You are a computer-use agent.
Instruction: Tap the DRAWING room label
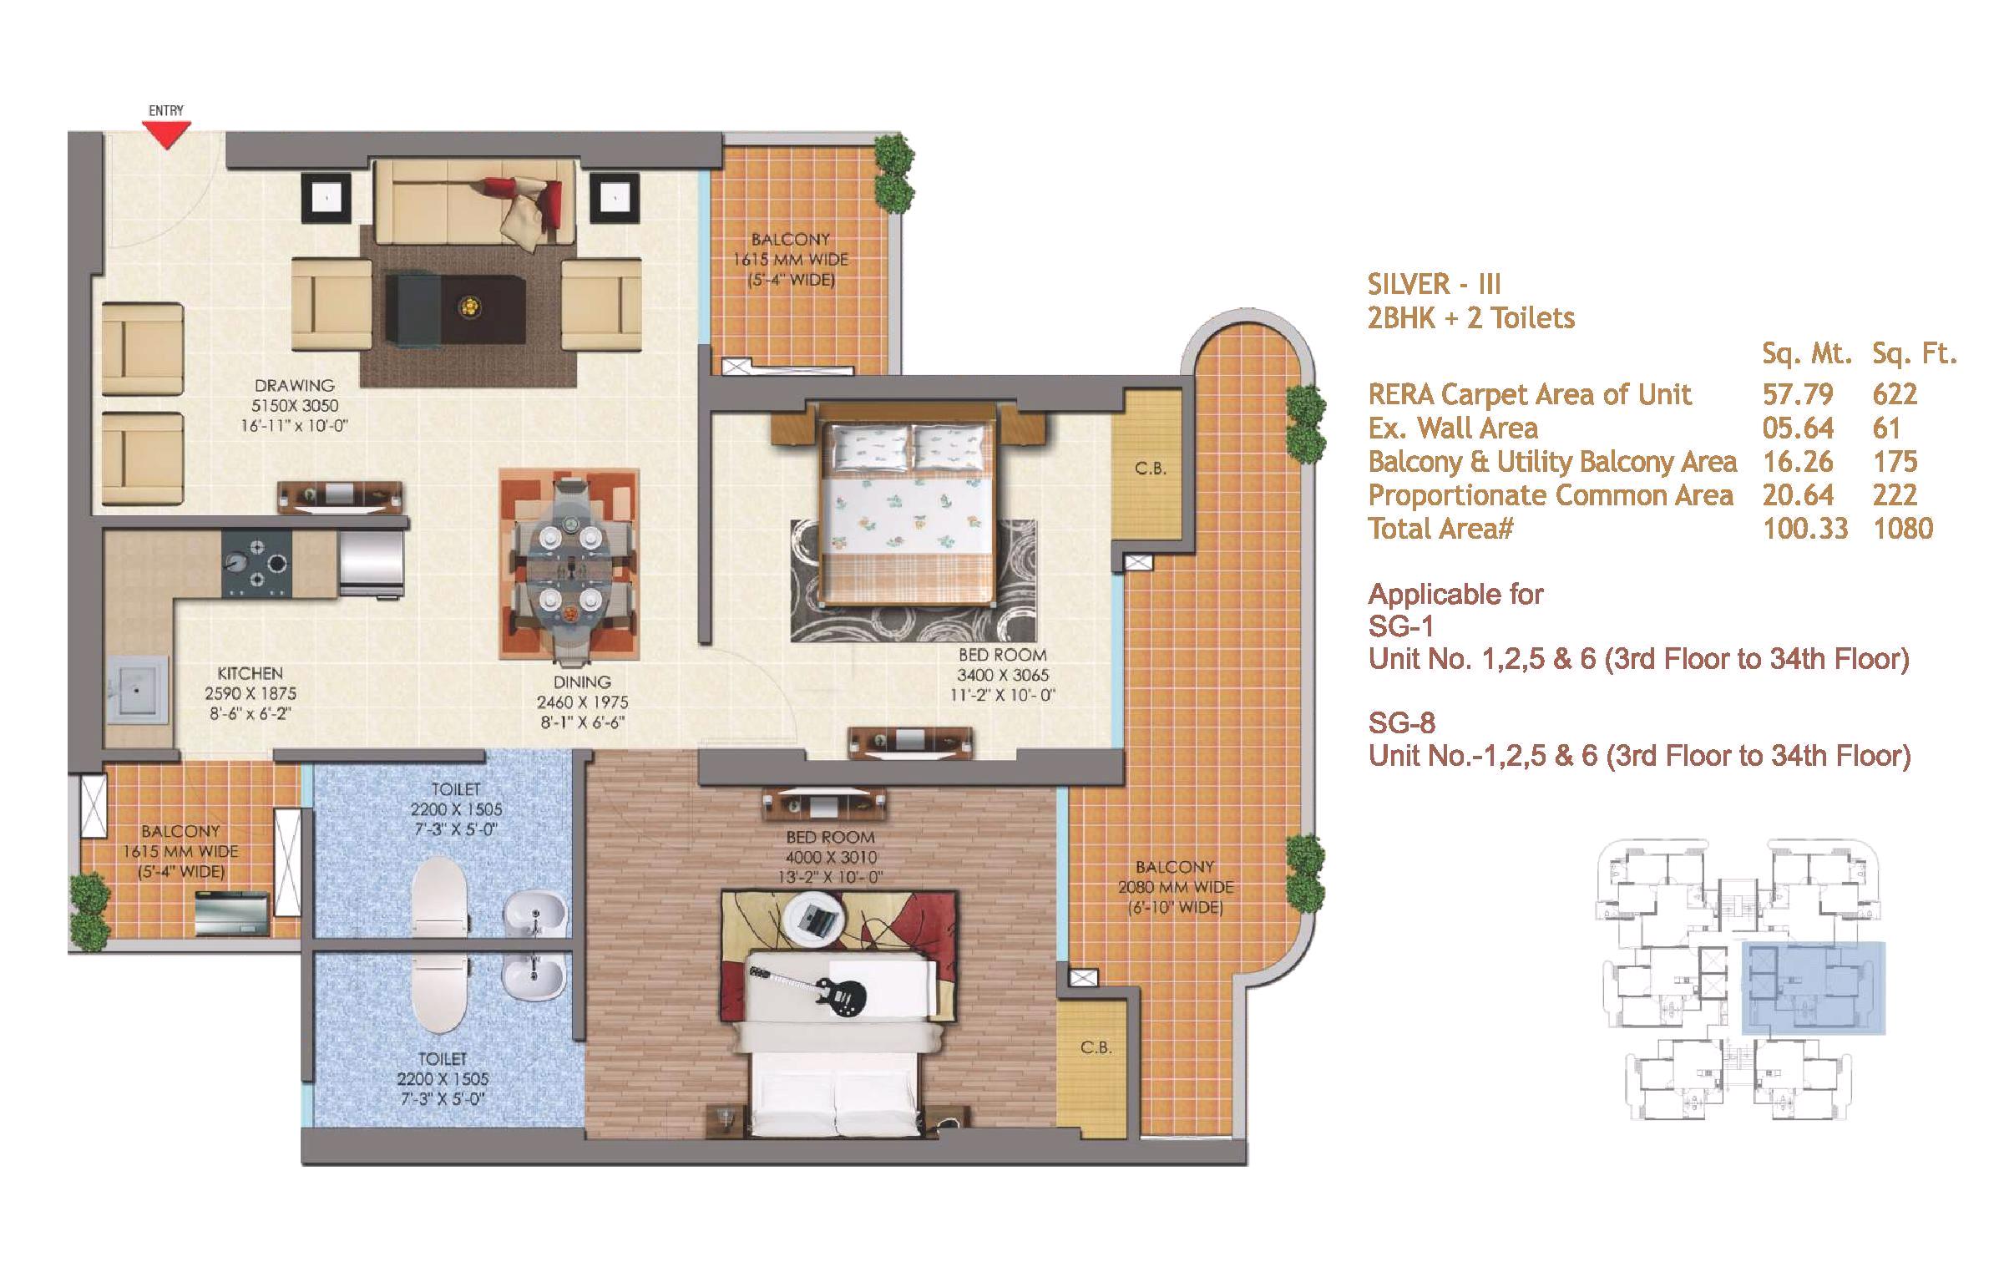click(x=294, y=386)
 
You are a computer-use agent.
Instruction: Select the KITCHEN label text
click(x=250, y=673)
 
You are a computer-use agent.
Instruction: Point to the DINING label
click(x=582, y=682)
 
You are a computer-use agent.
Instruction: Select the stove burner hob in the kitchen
click(x=257, y=563)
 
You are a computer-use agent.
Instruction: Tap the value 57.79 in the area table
click(x=1798, y=394)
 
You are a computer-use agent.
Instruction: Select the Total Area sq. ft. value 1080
click(x=1903, y=529)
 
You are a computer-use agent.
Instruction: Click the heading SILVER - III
click(x=1434, y=285)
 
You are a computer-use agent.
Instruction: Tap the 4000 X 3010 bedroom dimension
click(x=830, y=857)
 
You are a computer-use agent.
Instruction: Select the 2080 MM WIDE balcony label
click(x=1175, y=888)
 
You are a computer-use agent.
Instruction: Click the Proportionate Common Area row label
click(x=1551, y=495)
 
